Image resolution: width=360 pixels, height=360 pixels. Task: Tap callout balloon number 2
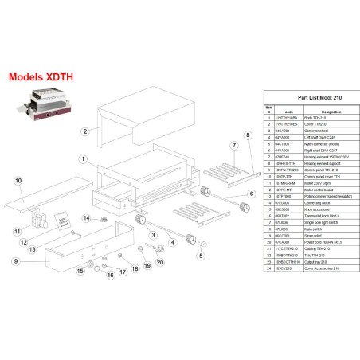click(x=84, y=131)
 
